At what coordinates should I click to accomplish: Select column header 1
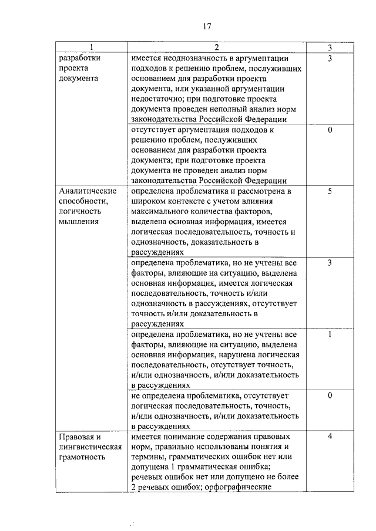[92, 47]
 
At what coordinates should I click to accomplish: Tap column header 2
[217, 47]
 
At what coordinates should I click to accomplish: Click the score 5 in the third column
[330, 191]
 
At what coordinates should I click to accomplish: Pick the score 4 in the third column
[330, 437]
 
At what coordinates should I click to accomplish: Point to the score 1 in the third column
[330, 334]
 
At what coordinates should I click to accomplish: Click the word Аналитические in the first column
[88, 191]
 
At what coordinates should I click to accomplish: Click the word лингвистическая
[90, 447]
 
